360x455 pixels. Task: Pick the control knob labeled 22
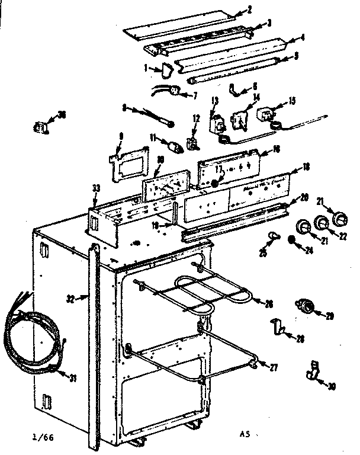tap(322, 224)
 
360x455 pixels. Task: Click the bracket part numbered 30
tap(313, 372)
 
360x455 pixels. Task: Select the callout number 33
tap(96, 188)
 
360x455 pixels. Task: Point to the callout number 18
tap(306, 168)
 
